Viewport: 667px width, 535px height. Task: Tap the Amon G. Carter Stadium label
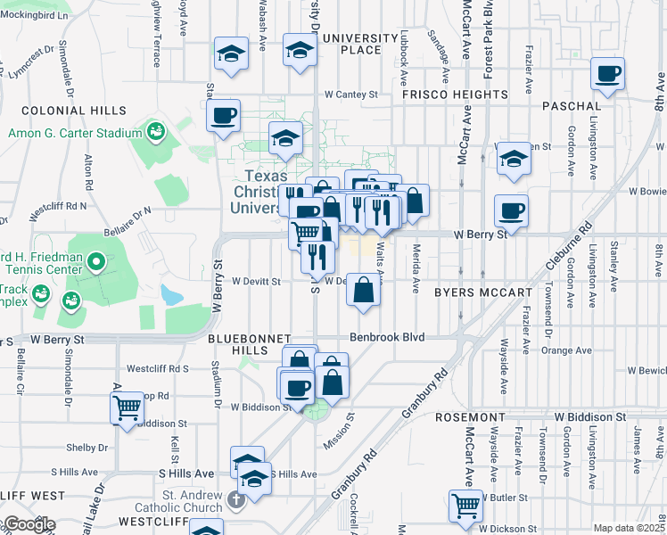(x=75, y=133)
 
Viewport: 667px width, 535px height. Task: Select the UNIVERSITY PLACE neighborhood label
(x=359, y=44)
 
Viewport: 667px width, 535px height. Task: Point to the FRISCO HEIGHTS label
(x=455, y=94)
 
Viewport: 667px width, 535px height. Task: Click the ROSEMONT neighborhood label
(x=479, y=416)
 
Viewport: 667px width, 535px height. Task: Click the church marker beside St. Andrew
(x=235, y=499)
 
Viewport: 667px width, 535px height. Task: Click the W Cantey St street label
(x=351, y=94)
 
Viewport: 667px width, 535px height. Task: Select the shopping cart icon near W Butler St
(x=465, y=506)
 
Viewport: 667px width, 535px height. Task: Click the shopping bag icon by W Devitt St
(x=363, y=291)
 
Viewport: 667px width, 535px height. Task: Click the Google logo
(x=29, y=524)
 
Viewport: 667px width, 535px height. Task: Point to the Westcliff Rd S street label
(x=158, y=367)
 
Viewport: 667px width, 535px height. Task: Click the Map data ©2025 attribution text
(x=629, y=528)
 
